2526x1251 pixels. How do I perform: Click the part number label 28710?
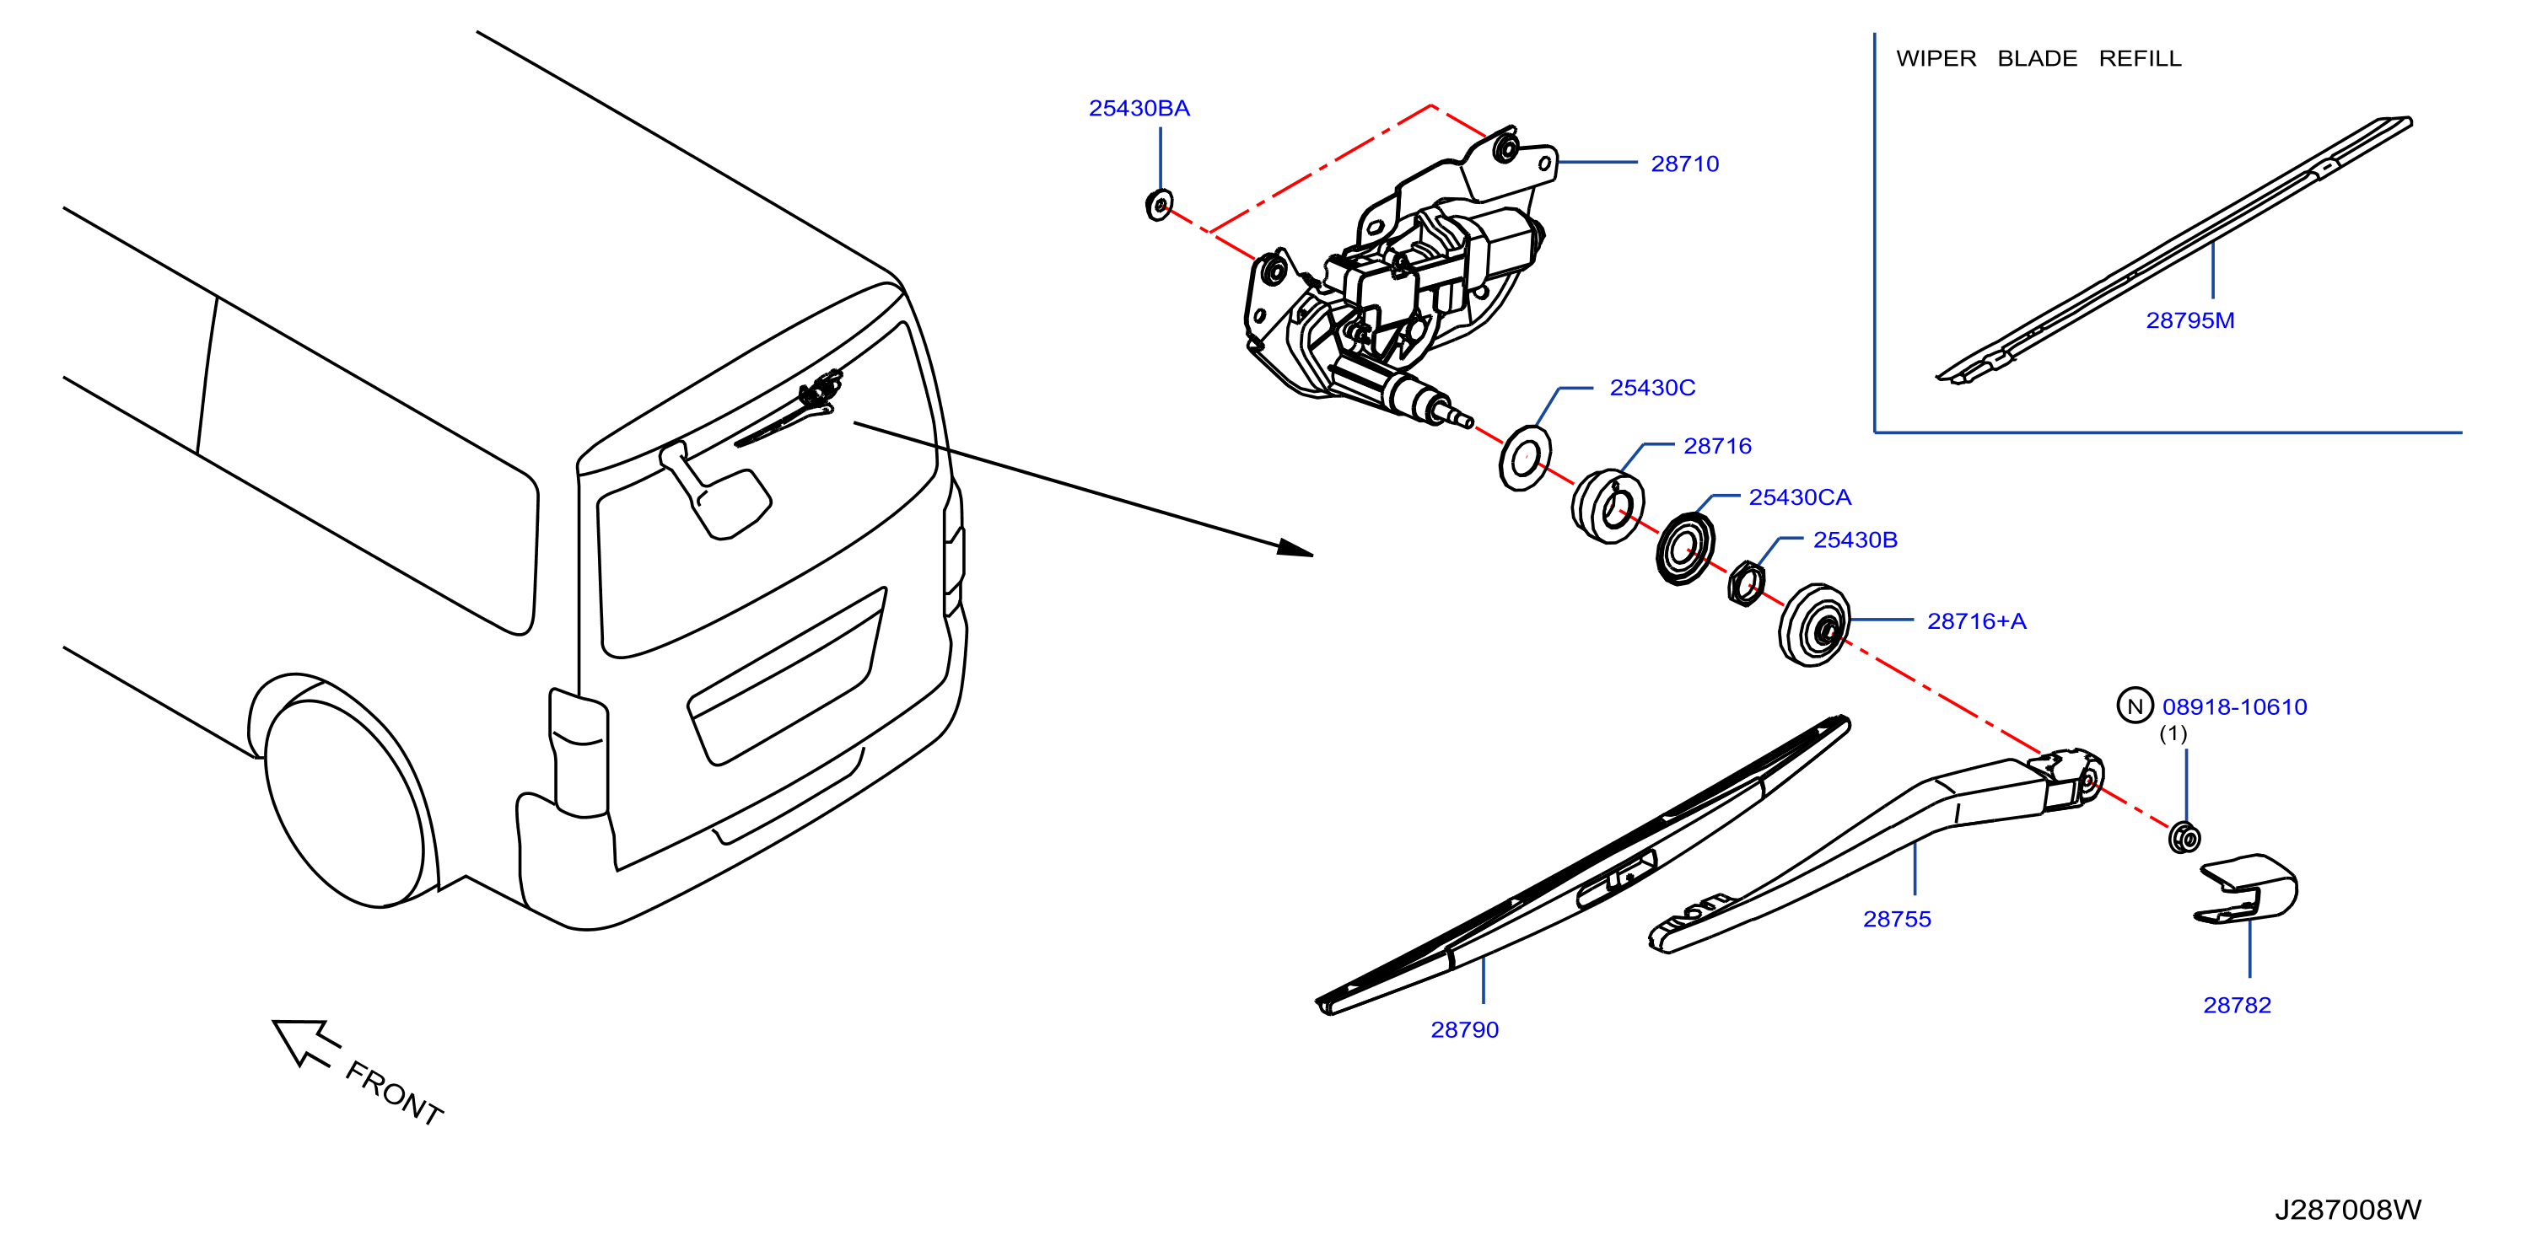[x=1684, y=164]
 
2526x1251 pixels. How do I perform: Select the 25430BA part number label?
[x=1139, y=108]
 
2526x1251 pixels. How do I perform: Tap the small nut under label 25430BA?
[x=1159, y=205]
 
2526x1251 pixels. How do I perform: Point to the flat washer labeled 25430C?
[x=1525, y=458]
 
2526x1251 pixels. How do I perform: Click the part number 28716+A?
[x=1976, y=620]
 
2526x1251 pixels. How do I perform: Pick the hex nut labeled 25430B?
[x=1746, y=583]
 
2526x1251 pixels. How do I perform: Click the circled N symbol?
[x=2135, y=706]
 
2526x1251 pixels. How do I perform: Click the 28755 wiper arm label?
[x=1897, y=919]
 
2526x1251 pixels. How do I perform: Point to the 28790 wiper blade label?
[x=1464, y=1029]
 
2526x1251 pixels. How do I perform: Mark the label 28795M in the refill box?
[x=2189, y=320]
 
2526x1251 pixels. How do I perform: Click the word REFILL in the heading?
[x=2140, y=59]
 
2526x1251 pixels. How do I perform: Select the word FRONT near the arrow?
[x=394, y=1093]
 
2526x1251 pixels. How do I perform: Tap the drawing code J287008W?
[x=2347, y=1209]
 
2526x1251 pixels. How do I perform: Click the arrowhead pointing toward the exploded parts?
[x=1295, y=548]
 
